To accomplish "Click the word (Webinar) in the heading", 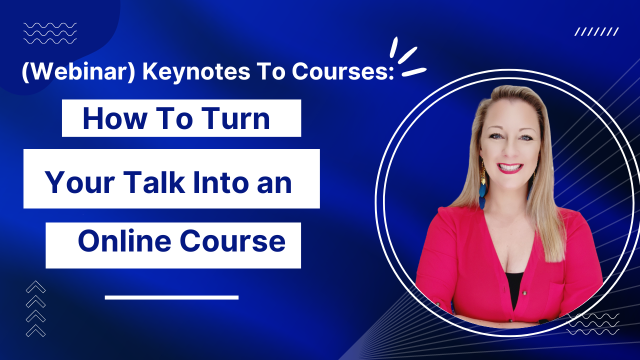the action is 78,71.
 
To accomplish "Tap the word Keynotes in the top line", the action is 196,71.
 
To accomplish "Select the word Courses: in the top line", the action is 343,71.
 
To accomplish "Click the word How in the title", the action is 115,118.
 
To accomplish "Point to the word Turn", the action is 235,118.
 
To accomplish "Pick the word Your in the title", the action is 80,183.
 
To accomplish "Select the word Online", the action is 124,241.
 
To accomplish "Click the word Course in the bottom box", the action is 232,241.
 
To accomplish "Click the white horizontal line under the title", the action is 171,297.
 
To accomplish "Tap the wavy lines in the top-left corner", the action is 50,33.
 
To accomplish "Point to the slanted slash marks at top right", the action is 596,31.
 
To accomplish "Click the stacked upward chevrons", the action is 35,308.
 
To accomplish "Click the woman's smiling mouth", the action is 510,167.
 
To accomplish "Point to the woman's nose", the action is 510,150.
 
